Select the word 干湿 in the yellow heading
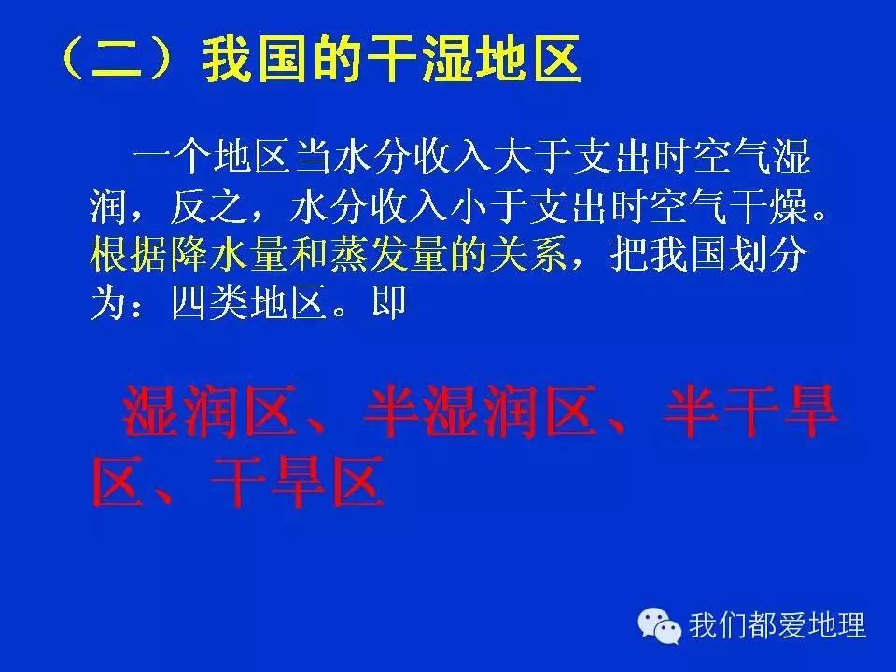(400, 60)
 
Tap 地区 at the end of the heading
(532, 60)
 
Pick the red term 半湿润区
(480, 414)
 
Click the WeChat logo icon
(660, 623)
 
